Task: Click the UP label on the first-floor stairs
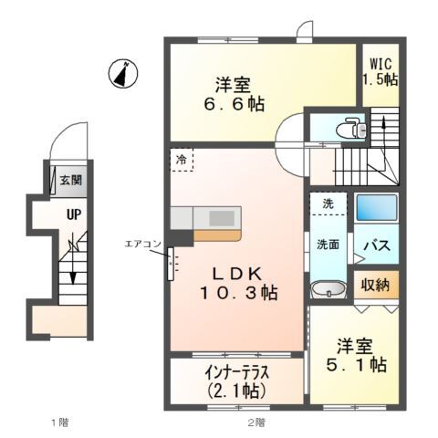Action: pos(70,216)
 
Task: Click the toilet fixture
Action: pos(351,130)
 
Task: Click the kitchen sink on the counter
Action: pos(223,217)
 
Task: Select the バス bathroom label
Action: pos(377,245)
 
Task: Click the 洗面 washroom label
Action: pos(328,245)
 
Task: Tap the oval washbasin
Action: pos(328,290)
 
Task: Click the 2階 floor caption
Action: pos(255,422)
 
